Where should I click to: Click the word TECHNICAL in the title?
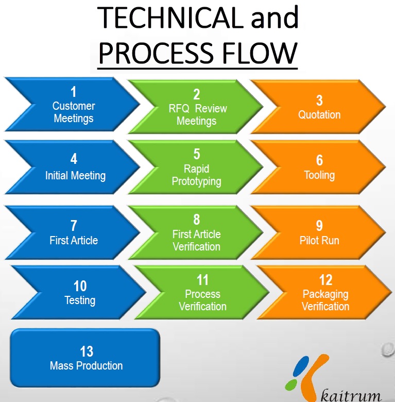click(170, 18)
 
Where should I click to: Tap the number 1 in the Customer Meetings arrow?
click(74, 92)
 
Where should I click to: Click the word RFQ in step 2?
click(179, 108)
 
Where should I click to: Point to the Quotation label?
click(319, 114)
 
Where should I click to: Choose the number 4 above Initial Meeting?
click(74, 159)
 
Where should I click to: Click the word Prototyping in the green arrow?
click(197, 181)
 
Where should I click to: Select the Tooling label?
click(319, 175)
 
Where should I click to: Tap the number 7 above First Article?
click(74, 226)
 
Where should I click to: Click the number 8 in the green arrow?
click(197, 220)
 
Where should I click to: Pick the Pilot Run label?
click(319, 241)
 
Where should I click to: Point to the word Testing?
click(80, 300)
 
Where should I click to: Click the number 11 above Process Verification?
click(202, 280)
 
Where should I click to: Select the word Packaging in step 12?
click(325, 295)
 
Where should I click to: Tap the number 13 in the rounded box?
click(87, 351)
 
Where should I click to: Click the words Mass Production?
click(87, 366)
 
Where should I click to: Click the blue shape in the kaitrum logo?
click(301, 366)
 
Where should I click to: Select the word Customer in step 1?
click(74, 106)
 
